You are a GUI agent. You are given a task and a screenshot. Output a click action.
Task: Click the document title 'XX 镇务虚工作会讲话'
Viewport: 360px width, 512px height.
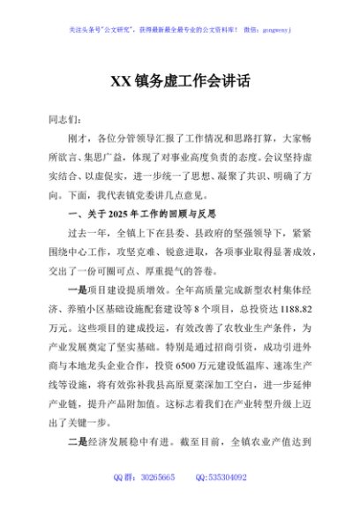point(180,81)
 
